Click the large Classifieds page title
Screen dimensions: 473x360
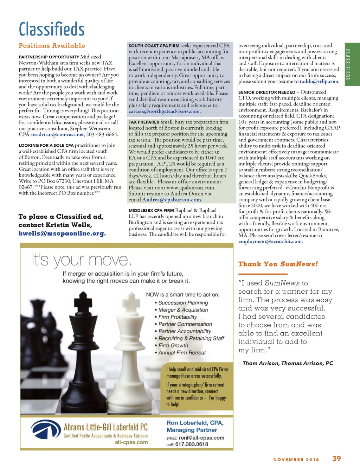coord(52,29)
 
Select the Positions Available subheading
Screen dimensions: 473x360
coord(52,46)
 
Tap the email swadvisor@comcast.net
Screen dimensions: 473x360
coord(57,134)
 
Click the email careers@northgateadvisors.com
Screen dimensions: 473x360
coord(164,111)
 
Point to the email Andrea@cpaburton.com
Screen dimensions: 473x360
coord(172,200)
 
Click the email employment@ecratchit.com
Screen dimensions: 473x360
coord(270,241)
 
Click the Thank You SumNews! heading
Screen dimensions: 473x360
coord(278,264)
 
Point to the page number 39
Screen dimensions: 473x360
coord(336,459)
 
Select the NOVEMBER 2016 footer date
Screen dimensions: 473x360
coord(296,459)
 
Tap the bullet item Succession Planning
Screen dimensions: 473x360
coord(183,303)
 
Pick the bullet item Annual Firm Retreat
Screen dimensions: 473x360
coord(182,353)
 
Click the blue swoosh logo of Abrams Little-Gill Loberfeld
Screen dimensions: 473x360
coord(46,429)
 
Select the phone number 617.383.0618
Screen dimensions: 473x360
coord(192,444)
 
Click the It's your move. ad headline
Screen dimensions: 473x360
coord(82,260)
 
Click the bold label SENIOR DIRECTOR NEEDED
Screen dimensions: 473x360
coord(267,92)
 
